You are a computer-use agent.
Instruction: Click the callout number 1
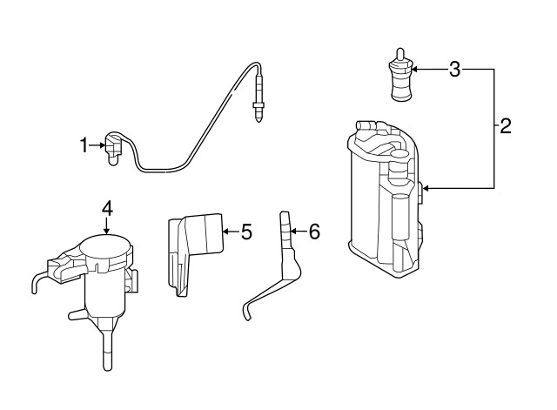[84, 145]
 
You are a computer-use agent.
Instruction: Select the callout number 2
[505, 125]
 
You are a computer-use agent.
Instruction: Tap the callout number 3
[454, 70]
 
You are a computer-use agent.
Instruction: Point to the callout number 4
[107, 209]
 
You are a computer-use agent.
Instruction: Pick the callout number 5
[246, 232]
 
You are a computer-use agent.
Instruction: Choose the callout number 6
[314, 232]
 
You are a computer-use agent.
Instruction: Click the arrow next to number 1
[97, 145]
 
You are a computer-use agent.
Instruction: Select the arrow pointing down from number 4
[107, 226]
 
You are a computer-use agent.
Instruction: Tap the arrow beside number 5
[231, 232]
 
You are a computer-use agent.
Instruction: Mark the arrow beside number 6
[299, 232]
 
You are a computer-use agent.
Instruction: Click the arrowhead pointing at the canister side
[426, 188]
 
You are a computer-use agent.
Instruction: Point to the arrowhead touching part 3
[414, 70]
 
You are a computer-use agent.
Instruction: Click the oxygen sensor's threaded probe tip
[258, 112]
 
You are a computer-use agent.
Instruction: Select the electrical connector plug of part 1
[114, 149]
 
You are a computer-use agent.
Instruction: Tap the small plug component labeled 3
[400, 74]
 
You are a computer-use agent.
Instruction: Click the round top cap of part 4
[105, 246]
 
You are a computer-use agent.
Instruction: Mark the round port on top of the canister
[399, 154]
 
